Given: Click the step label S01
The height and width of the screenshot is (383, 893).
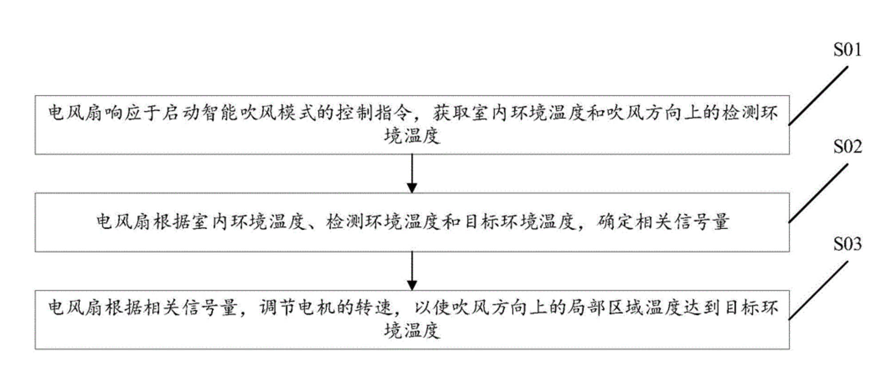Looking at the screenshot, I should pos(847,50).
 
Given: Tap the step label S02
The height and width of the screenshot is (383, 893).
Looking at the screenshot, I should pos(847,147).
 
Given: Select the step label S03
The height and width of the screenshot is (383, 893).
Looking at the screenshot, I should pos(847,244).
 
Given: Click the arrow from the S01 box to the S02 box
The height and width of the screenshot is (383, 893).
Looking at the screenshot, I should pos(412,173).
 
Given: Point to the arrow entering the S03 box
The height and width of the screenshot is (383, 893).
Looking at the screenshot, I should pos(412,271).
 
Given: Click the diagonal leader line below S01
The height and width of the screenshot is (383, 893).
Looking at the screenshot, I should pos(818,96).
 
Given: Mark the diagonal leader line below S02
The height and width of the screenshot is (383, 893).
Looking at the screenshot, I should pos(818,193).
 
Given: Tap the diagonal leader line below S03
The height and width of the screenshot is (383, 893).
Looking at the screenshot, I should pos(818,290).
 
